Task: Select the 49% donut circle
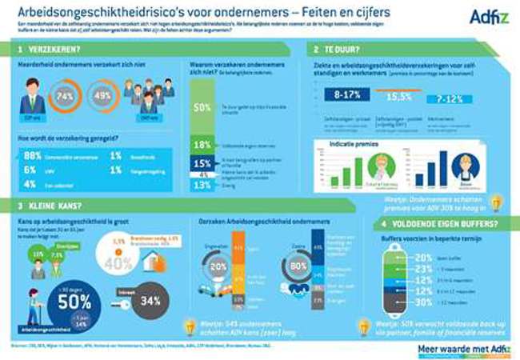104,98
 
